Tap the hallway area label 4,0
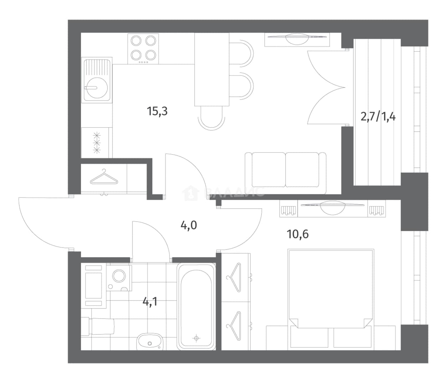189,225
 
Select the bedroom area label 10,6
298,234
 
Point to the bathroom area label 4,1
150,302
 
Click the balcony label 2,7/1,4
378,117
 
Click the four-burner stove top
143,49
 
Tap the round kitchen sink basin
96,88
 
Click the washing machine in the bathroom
119,278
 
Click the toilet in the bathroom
97,326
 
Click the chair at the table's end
211,118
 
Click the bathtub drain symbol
196,338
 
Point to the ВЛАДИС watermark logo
224,192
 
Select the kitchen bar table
212,69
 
